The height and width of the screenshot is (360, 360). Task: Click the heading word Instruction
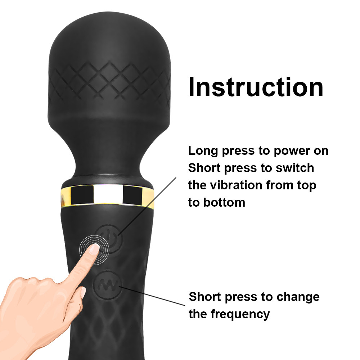click(256, 87)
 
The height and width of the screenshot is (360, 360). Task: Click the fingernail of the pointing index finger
click(94, 249)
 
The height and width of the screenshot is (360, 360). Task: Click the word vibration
click(236, 185)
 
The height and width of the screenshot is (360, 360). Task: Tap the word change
click(298, 297)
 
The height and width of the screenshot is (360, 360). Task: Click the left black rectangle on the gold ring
click(82, 194)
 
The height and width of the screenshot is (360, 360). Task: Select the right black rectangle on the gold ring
click(132, 195)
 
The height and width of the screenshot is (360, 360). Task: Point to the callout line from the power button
click(147, 206)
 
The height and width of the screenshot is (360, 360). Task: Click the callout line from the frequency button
click(152, 296)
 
